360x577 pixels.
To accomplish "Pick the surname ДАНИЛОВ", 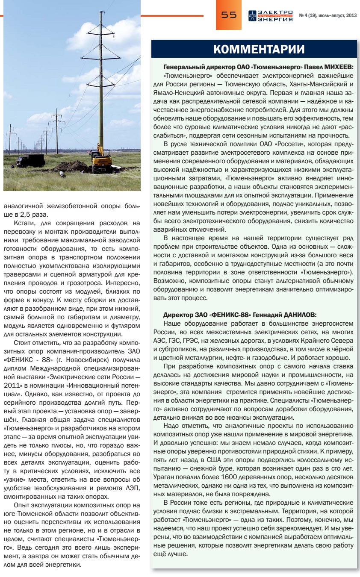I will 289,315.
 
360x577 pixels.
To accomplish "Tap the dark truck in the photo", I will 30,160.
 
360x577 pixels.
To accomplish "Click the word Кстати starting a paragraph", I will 25,223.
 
